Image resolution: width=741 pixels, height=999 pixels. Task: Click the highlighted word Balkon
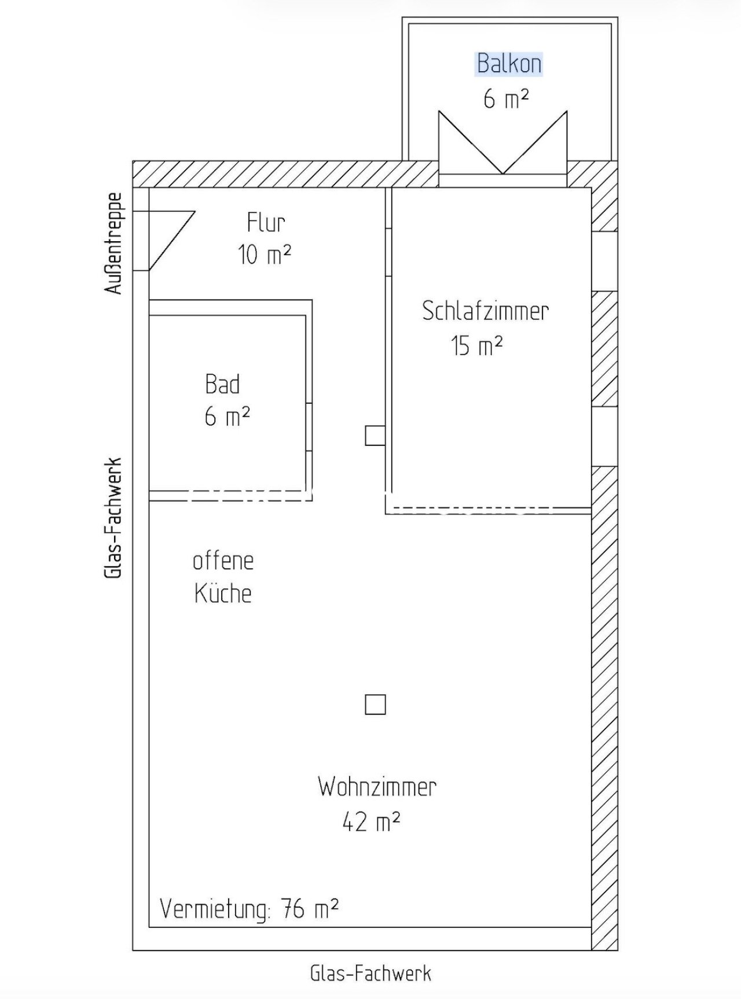click(x=509, y=64)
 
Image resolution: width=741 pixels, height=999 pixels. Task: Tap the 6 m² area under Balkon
click(x=506, y=99)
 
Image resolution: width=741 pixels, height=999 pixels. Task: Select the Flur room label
click(x=266, y=222)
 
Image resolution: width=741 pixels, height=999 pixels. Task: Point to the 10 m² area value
click(x=265, y=254)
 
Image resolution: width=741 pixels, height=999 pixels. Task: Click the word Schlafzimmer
click(x=485, y=311)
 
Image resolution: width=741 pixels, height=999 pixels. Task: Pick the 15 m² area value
click(x=476, y=346)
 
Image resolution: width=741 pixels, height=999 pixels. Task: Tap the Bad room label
click(x=222, y=384)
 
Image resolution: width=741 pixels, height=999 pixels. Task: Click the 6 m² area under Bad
click(x=227, y=416)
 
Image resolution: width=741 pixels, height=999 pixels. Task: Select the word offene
click(x=223, y=561)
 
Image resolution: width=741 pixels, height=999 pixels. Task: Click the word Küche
click(x=223, y=593)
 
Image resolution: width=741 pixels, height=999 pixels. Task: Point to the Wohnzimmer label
click(x=377, y=787)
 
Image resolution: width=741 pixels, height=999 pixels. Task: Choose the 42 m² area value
click(x=371, y=821)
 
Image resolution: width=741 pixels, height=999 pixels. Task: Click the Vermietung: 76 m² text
click(x=249, y=909)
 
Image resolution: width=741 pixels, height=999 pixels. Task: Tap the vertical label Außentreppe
click(x=114, y=243)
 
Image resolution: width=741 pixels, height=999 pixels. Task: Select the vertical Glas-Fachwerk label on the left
click(x=113, y=518)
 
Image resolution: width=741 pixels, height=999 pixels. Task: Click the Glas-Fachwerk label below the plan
click(x=370, y=973)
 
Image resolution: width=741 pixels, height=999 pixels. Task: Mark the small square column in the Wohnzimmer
click(x=375, y=705)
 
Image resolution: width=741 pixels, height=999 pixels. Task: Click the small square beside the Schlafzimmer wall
click(x=375, y=436)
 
